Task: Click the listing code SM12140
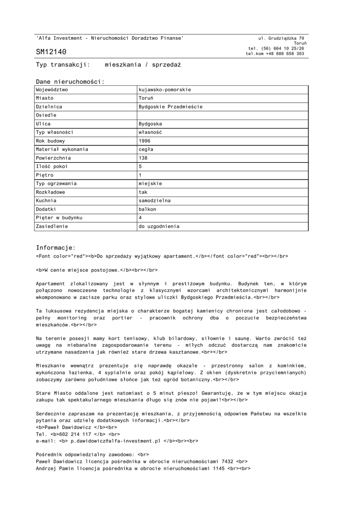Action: tap(51, 52)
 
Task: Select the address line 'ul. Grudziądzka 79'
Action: tap(281, 38)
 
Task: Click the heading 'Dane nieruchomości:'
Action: tap(70, 81)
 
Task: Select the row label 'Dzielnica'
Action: tap(49, 107)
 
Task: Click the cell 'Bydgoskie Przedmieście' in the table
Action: tap(171, 107)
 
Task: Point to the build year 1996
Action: tap(144, 140)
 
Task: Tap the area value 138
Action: tap(143, 158)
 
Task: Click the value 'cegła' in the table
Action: tap(146, 149)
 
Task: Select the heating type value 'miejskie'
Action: tap(150, 184)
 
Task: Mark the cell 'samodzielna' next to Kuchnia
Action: tap(154, 200)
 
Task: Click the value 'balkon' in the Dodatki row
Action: tap(147, 209)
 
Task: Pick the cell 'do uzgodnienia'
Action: tap(159, 226)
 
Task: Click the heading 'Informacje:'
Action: tap(56, 248)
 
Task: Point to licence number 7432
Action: tap(227, 461)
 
